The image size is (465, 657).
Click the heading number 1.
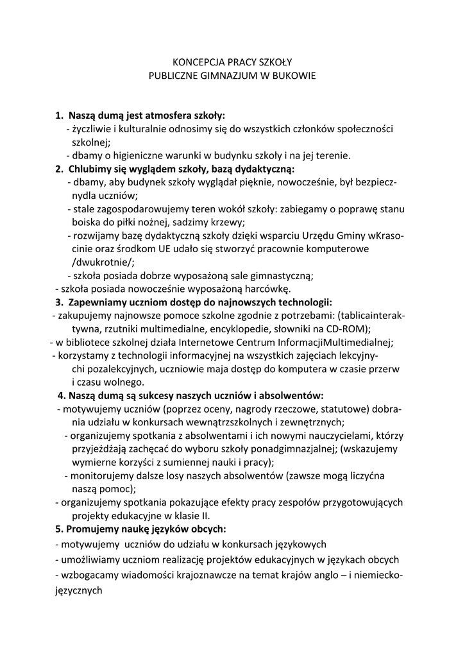click(x=59, y=116)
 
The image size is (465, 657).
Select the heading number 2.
click(x=59, y=169)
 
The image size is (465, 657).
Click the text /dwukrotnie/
click(x=103, y=262)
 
